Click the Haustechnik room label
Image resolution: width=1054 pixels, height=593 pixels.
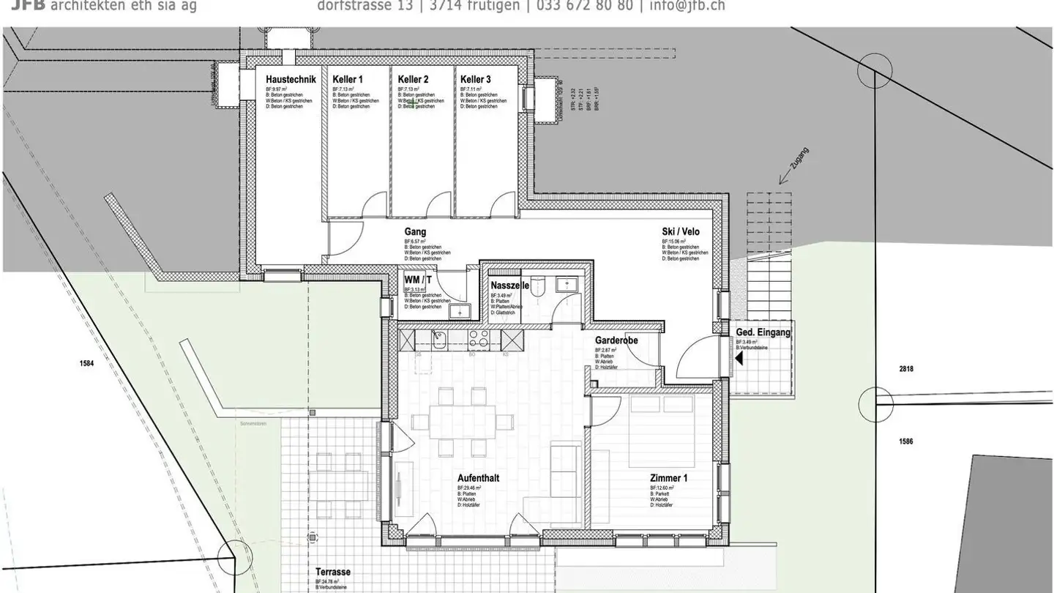[290, 79]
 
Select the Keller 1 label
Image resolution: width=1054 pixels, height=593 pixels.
[347, 79]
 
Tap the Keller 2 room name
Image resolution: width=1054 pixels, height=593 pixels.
[413, 79]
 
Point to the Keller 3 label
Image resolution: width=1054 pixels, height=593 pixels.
[476, 79]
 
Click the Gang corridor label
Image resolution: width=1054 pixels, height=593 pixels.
[415, 232]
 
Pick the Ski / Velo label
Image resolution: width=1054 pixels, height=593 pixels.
[681, 232]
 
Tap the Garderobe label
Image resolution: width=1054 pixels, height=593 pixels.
[616, 341]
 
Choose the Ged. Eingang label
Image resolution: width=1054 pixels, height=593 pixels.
[763, 332]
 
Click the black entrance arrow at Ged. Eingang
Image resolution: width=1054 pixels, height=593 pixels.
[739, 358]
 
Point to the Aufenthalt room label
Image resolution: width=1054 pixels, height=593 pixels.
[478, 478]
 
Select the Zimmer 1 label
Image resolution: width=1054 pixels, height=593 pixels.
[669, 478]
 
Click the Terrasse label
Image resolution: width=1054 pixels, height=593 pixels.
[333, 573]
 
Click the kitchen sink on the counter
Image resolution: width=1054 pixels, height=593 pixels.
[439, 339]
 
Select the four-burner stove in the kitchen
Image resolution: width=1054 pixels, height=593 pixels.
[479, 340]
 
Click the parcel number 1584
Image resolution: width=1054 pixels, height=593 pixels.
[87, 363]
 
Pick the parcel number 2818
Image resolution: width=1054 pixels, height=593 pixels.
[906, 369]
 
